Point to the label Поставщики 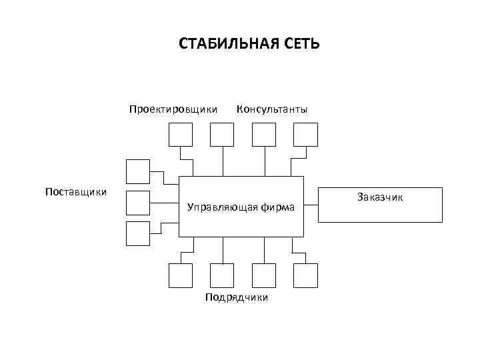(76, 192)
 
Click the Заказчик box (380, 204)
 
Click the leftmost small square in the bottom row (180, 275)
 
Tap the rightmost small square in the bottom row (306, 275)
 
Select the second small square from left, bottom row (222, 275)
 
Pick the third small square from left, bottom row (265, 275)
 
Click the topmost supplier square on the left (138, 171)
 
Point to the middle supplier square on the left (138, 202)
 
